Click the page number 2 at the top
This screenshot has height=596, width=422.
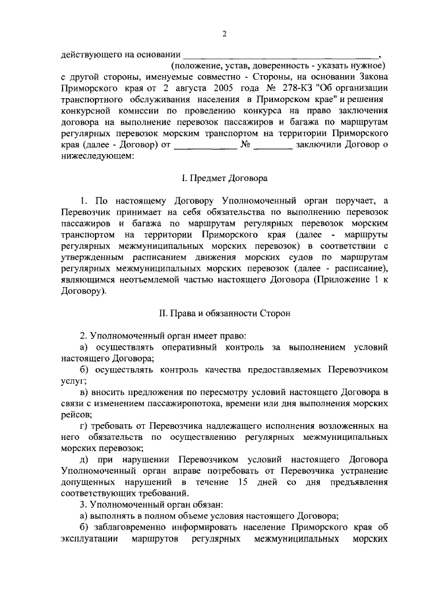224,35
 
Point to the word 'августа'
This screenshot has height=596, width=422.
151,88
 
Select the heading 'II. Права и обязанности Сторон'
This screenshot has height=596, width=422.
224,313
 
